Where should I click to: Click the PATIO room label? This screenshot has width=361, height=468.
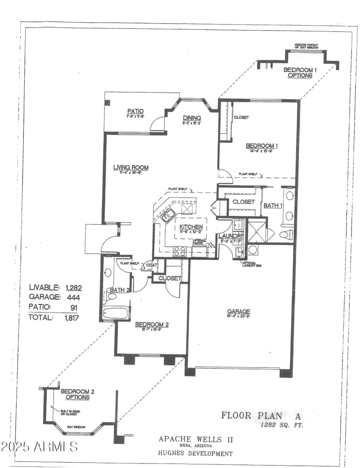click(x=135, y=111)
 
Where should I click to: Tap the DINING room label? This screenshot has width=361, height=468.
click(x=191, y=118)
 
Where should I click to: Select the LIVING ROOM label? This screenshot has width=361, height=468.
click(x=130, y=167)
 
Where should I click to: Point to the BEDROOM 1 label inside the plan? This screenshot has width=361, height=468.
click(x=261, y=146)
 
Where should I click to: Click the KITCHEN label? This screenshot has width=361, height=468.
click(x=191, y=227)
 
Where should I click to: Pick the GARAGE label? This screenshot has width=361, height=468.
click(x=238, y=311)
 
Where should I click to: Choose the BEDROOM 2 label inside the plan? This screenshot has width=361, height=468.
click(x=152, y=324)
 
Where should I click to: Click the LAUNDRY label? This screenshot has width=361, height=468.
click(x=231, y=236)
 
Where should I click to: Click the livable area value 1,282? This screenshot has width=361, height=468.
click(x=74, y=287)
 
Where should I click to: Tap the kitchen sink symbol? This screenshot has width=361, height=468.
click(x=169, y=214)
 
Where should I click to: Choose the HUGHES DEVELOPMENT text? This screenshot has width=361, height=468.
click(x=195, y=454)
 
